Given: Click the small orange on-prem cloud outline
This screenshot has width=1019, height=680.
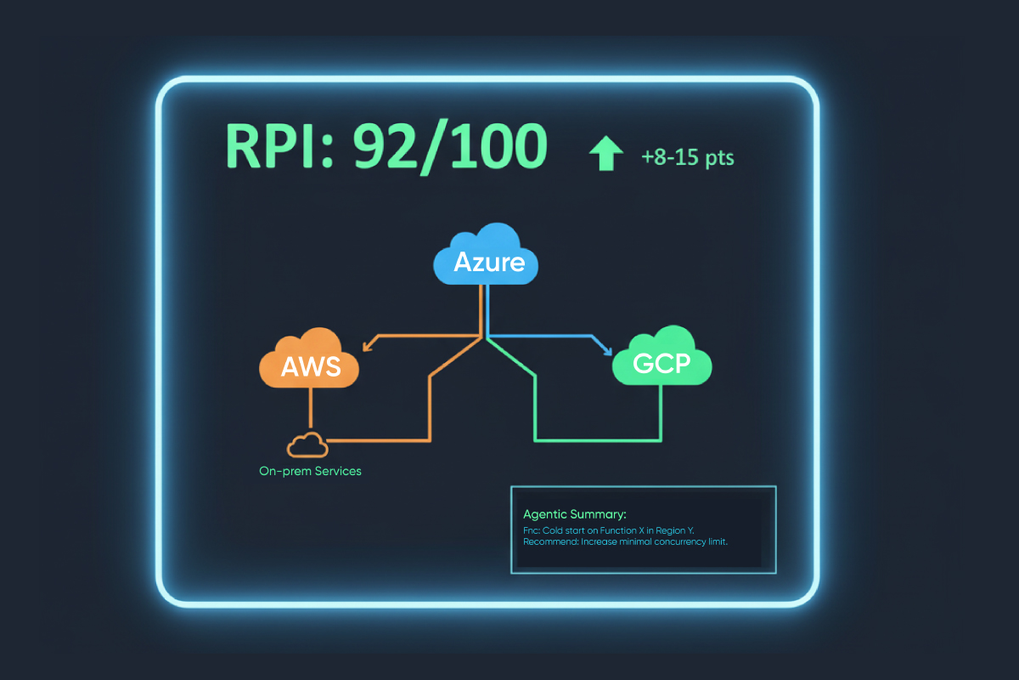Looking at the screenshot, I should click(x=307, y=444).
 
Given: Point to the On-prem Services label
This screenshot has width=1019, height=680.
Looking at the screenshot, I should click(x=310, y=471).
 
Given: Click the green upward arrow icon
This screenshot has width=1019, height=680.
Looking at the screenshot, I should click(x=605, y=155).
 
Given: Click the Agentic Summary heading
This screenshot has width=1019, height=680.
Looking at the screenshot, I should click(x=575, y=514).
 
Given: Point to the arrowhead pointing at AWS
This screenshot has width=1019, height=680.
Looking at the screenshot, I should click(x=367, y=345).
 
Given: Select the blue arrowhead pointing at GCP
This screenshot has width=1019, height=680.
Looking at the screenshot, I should click(x=606, y=349).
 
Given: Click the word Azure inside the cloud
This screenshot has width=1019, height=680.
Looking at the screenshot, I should click(x=488, y=262).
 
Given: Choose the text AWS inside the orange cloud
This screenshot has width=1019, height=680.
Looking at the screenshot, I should click(x=311, y=367).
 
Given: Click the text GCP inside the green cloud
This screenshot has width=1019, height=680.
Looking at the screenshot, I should click(x=662, y=365).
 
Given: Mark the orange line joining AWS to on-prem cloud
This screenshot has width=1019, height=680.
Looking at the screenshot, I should click(x=311, y=408).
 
